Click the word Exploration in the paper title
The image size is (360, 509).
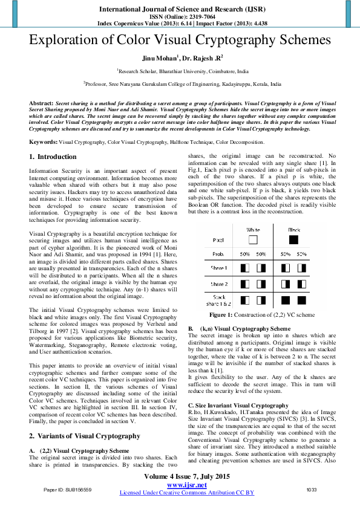(x=67, y=42)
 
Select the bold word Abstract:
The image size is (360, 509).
(x=42, y=104)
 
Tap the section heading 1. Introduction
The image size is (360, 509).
(x=53, y=157)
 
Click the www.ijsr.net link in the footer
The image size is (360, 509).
(x=186, y=485)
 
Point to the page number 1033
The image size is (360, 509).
(x=312, y=489)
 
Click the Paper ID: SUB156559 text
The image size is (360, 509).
(x=68, y=489)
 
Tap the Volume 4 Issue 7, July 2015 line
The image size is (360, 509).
(x=186, y=477)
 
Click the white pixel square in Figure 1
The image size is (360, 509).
(x=252, y=239)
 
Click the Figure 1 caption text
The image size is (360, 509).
(x=261, y=316)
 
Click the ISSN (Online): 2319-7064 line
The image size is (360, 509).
(x=186, y=17)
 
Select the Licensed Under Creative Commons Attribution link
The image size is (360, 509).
(x=186, y=493)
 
